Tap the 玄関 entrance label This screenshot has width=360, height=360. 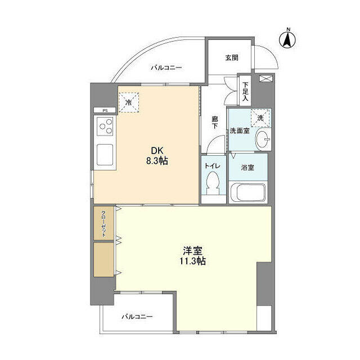click(232, 57)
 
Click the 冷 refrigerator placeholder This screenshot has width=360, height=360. click(129, 103)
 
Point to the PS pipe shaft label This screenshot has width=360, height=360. click(105, 110)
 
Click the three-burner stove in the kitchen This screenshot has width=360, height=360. click(105, 129)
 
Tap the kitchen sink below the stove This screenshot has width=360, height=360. click(105, 154)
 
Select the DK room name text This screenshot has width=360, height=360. click(155, 150)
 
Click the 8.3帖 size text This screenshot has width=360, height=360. click(156, 161)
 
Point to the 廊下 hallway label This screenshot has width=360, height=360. click(215, 122)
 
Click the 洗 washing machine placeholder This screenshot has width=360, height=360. click(260, 118)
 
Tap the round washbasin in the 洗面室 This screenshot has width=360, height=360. click(262, 140)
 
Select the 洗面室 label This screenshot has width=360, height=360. click(239, 131)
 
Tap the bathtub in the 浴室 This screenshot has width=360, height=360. click(247, 193)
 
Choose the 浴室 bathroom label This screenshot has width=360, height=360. click(248, 167)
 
